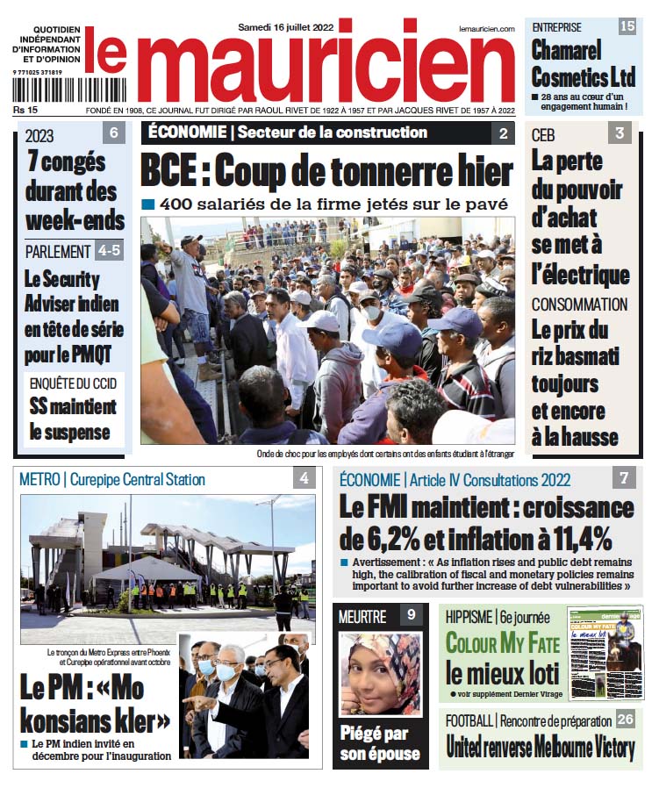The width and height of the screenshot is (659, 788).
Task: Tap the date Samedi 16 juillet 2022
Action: coord(286,27)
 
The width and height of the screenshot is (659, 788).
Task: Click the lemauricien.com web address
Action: coord(486,29)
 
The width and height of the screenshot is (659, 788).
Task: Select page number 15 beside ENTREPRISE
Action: coord(627,26)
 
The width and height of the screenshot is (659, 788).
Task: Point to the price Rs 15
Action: coord(25,110)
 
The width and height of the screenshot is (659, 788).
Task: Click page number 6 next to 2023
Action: coord(114,134)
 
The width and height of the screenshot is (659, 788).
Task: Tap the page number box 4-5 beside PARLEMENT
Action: coord(110,250)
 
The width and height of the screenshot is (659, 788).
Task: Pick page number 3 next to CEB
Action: coord(619,133)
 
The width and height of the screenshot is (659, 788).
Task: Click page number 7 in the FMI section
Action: coord(624,478)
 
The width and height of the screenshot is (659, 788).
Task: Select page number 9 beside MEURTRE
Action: coord(411,615)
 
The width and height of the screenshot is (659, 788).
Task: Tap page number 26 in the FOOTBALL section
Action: coord(625,720)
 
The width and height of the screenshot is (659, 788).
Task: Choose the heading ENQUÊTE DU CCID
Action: coord(73,384)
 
